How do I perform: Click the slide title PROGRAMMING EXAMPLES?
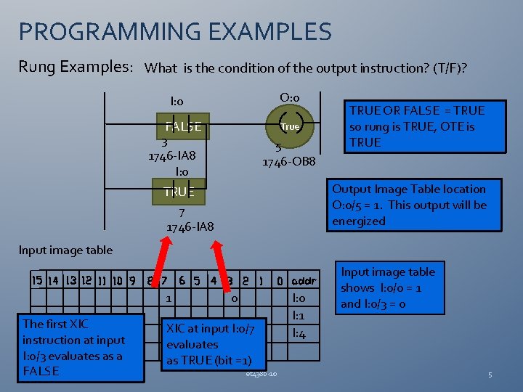[175, 32]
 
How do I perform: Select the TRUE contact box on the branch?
[179, 192]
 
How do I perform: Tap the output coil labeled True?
[290, 126]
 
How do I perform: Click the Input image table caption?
[65, 250]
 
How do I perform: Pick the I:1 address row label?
[299, 317]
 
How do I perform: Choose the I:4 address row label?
[299, 334]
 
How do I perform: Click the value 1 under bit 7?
[169, 298]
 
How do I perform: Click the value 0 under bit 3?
[233, 298]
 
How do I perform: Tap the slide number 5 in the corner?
[490, 375]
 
